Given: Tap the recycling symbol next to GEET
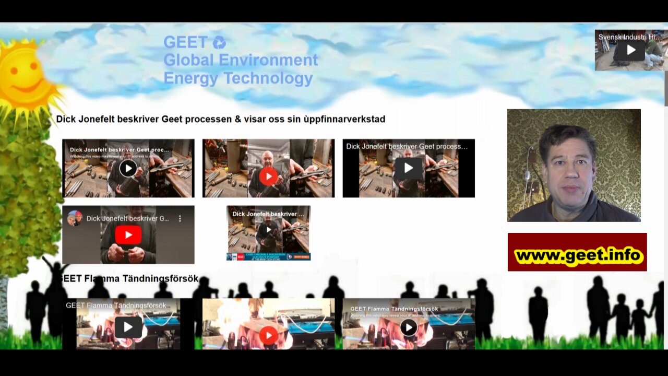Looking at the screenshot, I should (x=219, y=42).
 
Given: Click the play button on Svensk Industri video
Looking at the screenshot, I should (x=631, y=50).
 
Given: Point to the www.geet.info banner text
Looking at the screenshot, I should (x=577, y=255).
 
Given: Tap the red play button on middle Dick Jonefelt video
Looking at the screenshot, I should (x=268, y=176).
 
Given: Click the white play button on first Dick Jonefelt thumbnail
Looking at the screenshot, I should (x=128, y=168).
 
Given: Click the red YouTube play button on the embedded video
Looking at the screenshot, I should (x=128, y=235).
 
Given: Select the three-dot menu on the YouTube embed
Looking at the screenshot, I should (x=180, y=219).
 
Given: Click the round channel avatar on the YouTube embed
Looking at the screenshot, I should (x=75, y=218).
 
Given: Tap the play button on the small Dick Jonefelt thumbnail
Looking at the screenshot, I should (x=268, y=229).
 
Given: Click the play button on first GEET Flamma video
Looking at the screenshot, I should (x=128, y=327).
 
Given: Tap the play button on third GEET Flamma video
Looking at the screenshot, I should (x=408, y=327).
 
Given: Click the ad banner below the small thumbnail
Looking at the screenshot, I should (x=268, y=256).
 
